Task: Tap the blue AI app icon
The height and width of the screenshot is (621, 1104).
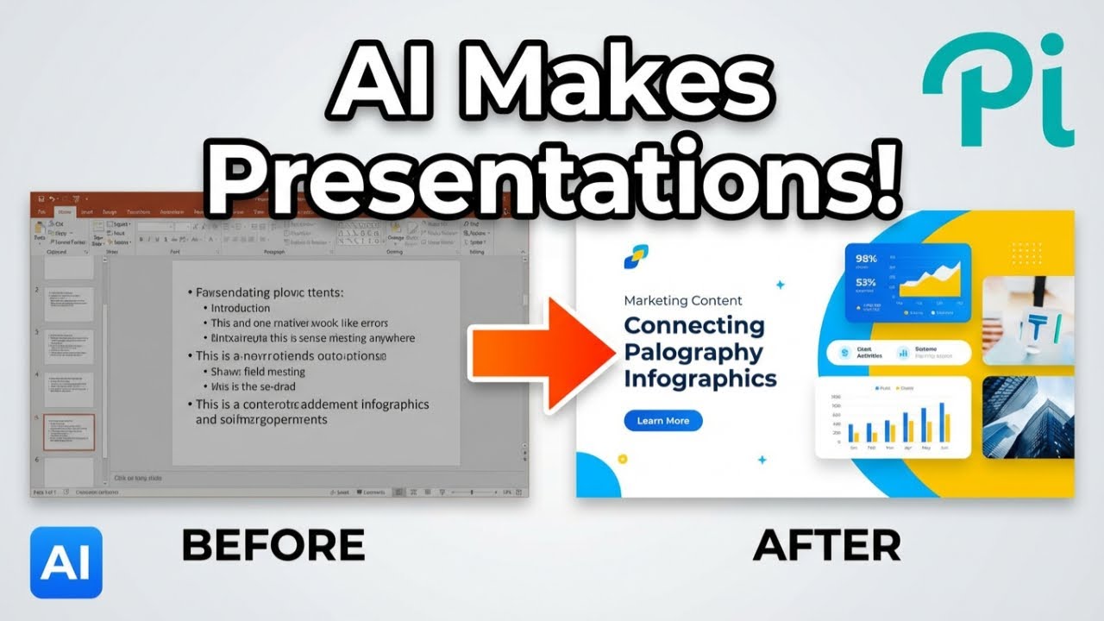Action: (66, 562)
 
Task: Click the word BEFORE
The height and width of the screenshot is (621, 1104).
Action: (273, 545)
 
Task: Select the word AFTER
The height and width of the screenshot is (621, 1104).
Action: (827, 545)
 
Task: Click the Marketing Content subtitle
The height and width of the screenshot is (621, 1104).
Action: (682, 301)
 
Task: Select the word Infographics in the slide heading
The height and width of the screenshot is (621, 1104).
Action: (699, 379)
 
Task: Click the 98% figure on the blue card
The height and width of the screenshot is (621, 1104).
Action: (866, 259)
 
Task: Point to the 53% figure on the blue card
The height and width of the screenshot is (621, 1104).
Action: (866, 282)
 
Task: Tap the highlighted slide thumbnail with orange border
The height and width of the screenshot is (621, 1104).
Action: (69, 432)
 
